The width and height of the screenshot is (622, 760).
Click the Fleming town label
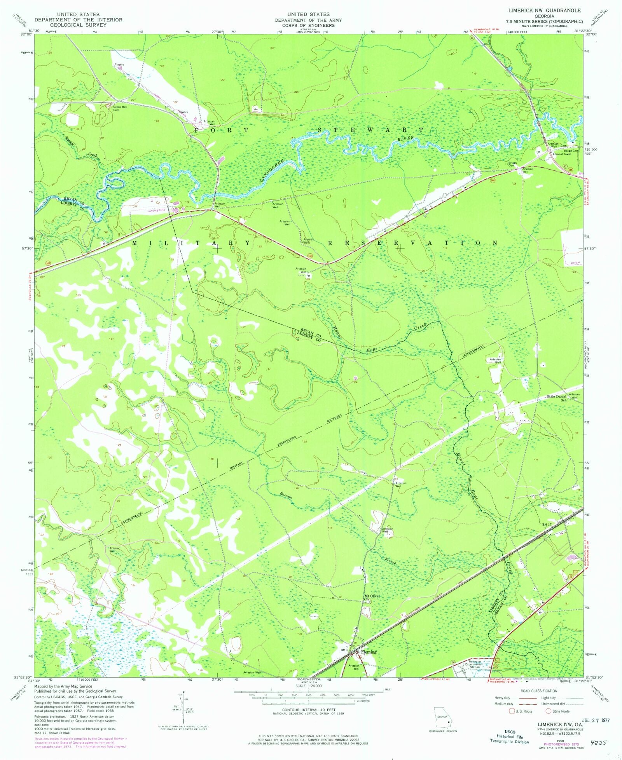(x=369, y=652)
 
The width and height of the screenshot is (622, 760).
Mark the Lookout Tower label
(x=561, y=154)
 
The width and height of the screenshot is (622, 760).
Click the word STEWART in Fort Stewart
(x=371, y=130)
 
